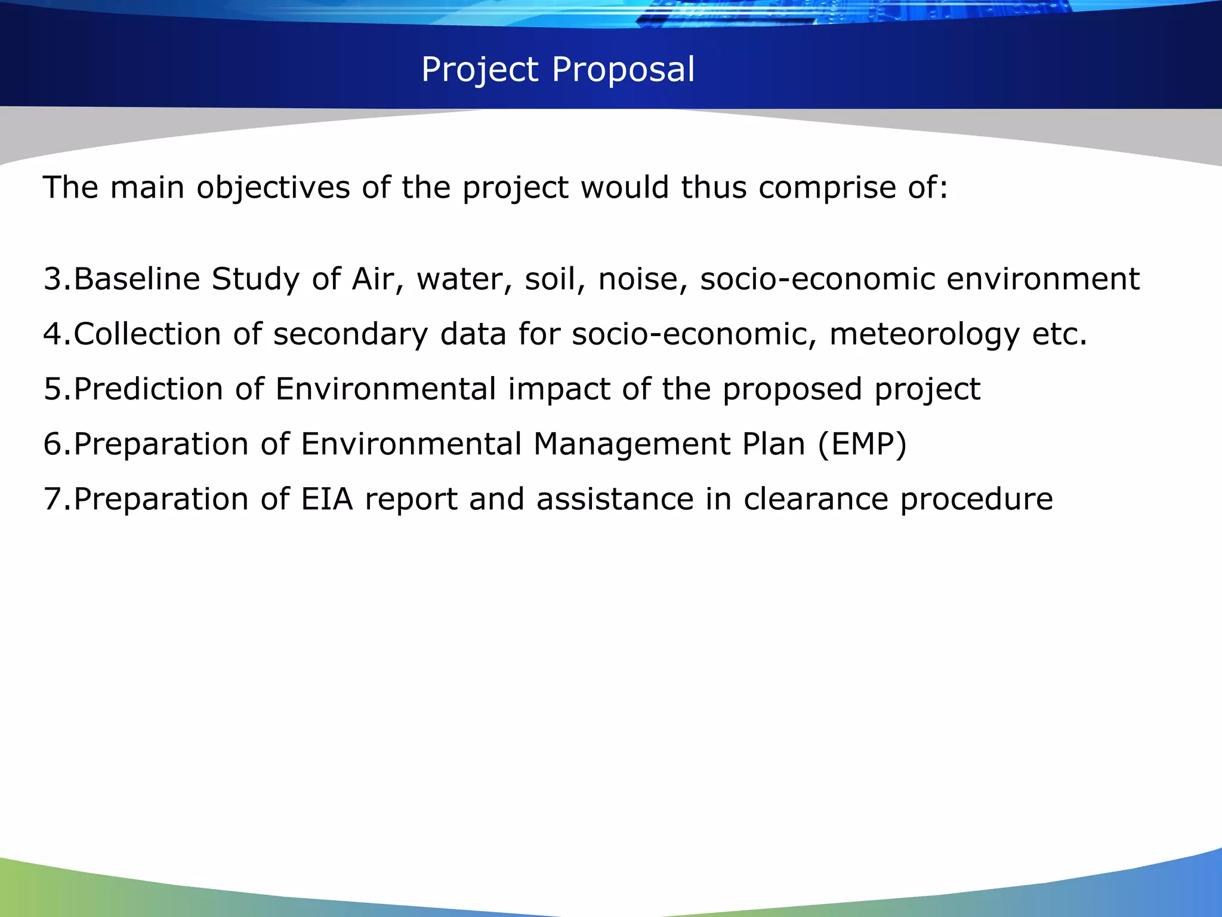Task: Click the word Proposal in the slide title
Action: [624, 70]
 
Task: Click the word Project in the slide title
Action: [480, 70]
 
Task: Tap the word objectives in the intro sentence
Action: [273, 188]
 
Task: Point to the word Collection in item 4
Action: [147, 334]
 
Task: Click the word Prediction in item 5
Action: [149, 389]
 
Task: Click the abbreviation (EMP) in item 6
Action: [862, 445]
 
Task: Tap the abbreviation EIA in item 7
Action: [327, 499]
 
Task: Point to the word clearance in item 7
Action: [816, 499]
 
